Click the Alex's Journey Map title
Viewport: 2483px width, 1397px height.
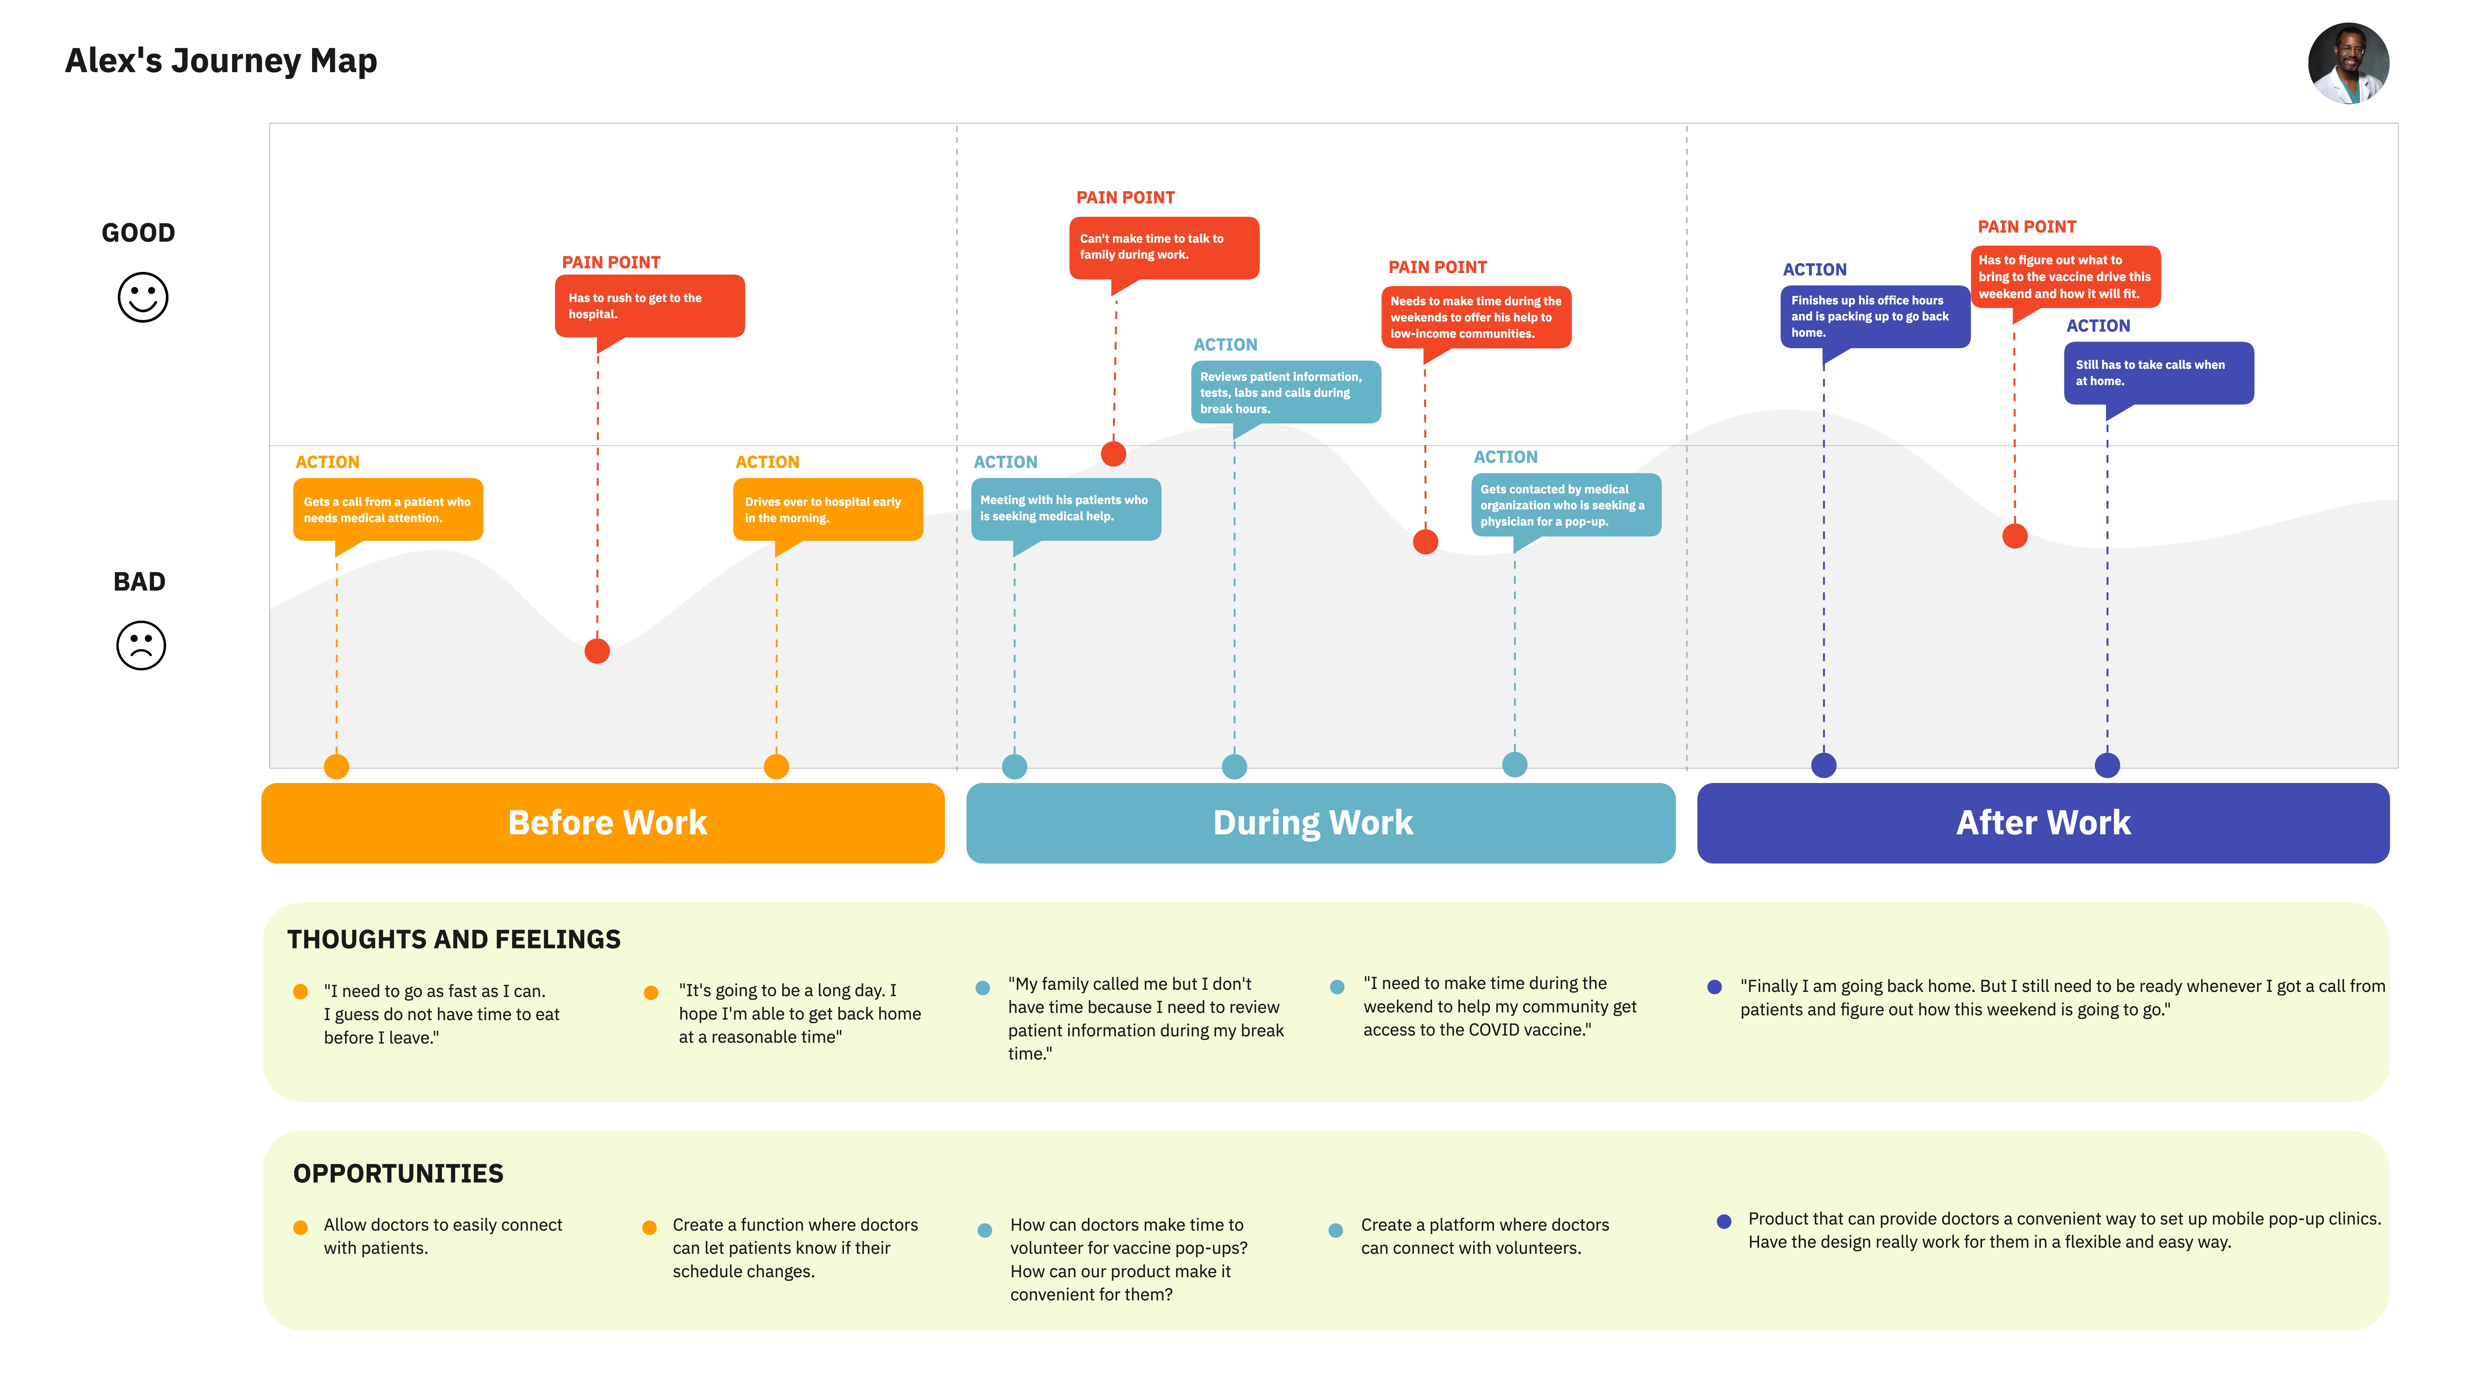[221, 61]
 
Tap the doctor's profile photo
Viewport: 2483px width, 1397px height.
[2348, 64]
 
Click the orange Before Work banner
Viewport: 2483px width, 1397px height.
[602, 822]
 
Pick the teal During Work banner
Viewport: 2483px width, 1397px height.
[1321, 822]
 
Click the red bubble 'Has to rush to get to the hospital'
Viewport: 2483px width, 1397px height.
[650, 307]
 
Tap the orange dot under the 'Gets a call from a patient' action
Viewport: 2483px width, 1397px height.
[336, 767]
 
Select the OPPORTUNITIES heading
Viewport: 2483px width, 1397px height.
[398, 1173]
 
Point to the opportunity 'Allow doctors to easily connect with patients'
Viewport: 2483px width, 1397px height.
[442, 1236]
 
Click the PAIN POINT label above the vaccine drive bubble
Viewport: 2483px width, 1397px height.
[2026, 226]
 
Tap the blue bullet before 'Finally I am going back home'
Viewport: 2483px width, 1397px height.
[1714, 986]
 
